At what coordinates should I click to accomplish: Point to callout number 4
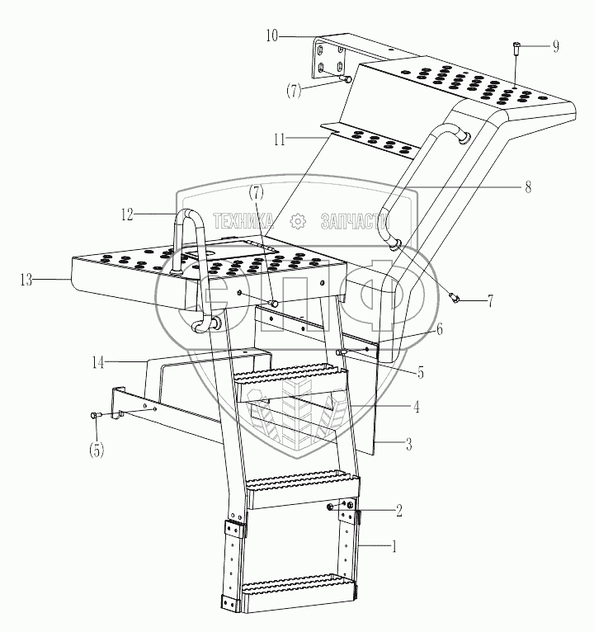pos(417,405)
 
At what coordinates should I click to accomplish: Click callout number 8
pos(526,187)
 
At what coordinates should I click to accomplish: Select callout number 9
pos(555,45)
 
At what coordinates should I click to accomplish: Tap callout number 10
pos(273,35)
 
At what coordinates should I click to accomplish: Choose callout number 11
pos(281,139)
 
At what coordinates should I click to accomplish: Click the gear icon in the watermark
pos(298,221)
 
